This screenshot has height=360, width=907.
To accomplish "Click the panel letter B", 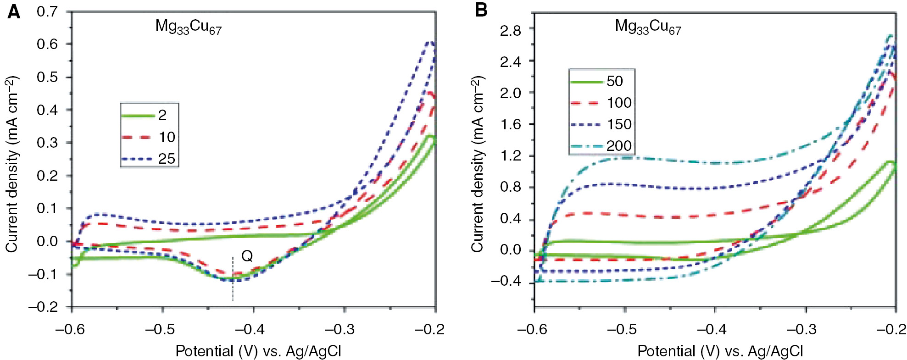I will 481,10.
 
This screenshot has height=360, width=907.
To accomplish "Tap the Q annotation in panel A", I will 247,256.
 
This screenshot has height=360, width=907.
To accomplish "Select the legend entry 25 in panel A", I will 167,159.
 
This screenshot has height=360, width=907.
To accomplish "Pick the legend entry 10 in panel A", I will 167,137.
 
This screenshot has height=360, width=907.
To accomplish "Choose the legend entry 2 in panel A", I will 162,115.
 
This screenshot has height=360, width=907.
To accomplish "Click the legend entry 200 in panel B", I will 619,146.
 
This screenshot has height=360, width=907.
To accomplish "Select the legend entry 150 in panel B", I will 619,124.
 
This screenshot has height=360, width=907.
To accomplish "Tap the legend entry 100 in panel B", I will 619,103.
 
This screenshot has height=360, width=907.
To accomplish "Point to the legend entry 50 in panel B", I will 615,81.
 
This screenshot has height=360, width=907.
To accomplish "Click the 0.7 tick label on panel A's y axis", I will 47,11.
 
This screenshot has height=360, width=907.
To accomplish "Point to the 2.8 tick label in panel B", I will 510,31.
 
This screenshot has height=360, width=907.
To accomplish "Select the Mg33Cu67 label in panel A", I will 188,27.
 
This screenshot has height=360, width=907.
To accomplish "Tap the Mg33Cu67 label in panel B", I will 648,27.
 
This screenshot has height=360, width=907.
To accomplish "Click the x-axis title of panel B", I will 720,351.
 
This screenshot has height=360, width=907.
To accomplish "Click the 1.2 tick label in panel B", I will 510,156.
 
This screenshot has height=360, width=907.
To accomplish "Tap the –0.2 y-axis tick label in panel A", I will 43,307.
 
